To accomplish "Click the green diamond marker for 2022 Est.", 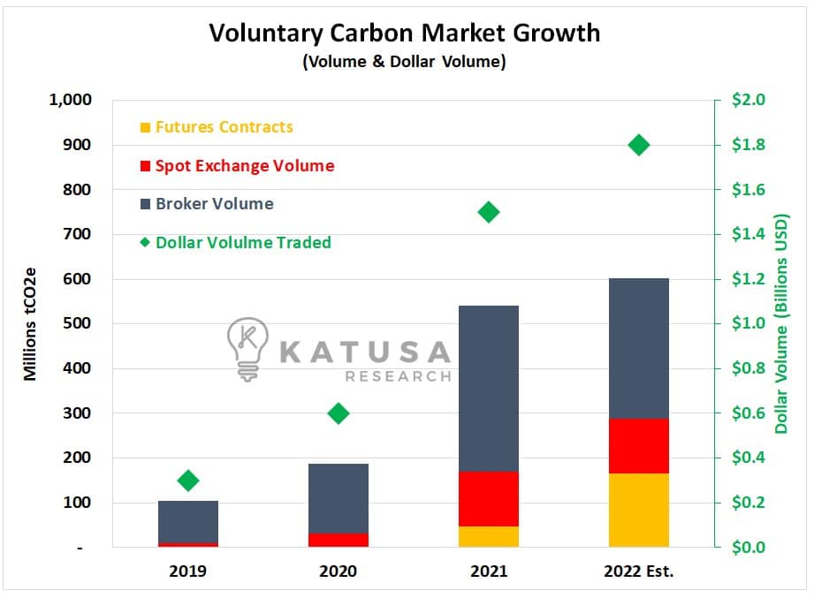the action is click(x=638, y=145).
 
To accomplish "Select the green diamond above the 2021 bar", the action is click(x=489, y=212).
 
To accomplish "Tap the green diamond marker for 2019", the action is click(x=188, y=481).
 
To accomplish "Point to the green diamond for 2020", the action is click(x=339, y=413).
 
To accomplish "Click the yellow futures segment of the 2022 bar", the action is click(x=638, y=510).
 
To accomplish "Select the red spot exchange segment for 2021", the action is click(x=489, y=498).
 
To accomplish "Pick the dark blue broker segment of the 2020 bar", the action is click(x=339, y=498).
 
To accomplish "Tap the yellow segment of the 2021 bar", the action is click(x=489, y=536).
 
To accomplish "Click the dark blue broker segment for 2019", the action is click(x=188, y=521).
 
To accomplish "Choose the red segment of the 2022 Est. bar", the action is click(x=638, y=445).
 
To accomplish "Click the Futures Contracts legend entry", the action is click(x=217, y=127).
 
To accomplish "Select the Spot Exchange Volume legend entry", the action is click(x=237, y=166).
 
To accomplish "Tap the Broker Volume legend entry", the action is click(x=207, y=204).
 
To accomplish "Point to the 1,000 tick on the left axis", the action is click(x=70, y=100).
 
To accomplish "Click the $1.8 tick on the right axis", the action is click(x=748, y=144).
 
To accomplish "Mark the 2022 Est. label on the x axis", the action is click(x=638, y=571).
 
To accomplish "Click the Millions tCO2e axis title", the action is click(x=29, y=324).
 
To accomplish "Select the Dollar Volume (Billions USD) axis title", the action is click(x=781, y=323).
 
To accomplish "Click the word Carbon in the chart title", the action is click(x=371, y=33).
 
